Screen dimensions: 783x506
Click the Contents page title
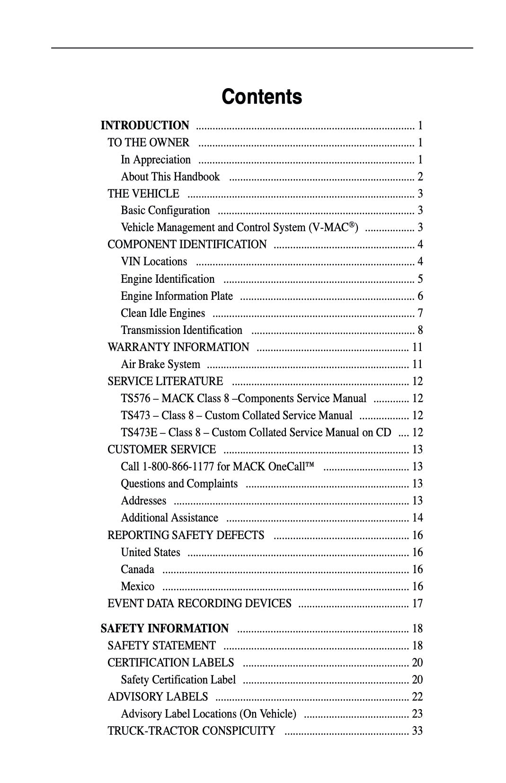(261, 97)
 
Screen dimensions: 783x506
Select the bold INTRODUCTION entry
(145, 126)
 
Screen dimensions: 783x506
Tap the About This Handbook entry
(170, 177)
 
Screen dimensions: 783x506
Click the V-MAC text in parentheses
(333, 227)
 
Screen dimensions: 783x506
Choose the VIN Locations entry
(154, 261)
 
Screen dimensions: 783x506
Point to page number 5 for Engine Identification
(420, 279)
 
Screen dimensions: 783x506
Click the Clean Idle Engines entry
(163, 313)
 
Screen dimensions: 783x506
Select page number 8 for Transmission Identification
(420, 330)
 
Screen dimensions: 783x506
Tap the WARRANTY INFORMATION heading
(178, 347)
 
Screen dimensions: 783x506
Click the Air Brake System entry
(160, 364)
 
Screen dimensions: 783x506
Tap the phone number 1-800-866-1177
(178, 467)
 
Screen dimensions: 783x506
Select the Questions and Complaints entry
(179, 484)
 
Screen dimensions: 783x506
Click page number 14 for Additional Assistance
(417, 518)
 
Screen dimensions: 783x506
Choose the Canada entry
(137, 569)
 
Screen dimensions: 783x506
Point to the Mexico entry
(137, 586)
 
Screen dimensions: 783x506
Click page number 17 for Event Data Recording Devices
(417, 603)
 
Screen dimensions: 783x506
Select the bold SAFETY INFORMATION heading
(164, 629)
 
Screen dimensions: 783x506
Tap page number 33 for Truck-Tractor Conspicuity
(417, 731)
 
